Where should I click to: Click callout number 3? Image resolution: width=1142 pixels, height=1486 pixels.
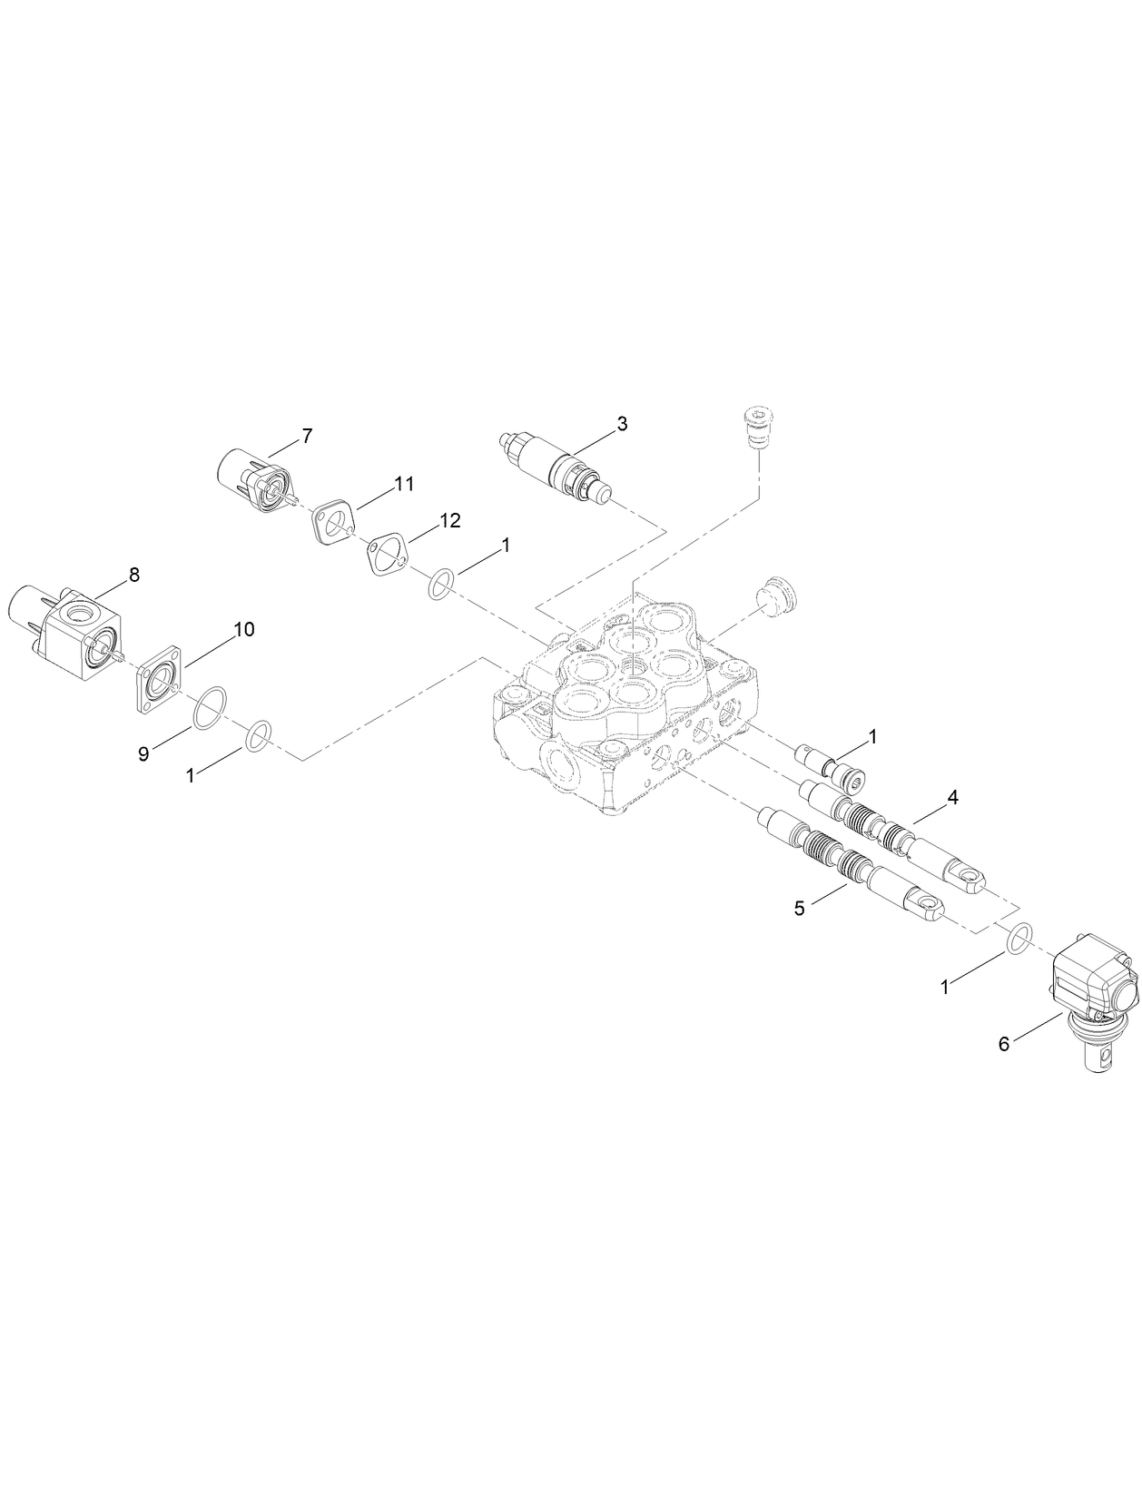pos(622,423)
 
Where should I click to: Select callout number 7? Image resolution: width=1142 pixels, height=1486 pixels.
pos(307,437)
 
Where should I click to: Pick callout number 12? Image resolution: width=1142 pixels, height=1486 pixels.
pos(450,520)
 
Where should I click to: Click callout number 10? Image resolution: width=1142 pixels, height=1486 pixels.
pos(244,629)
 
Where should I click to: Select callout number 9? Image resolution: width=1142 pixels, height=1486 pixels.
pos(143,754)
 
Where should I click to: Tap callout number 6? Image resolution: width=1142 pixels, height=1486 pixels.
pos(1003,1045)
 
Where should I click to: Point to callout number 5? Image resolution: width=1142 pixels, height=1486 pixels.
pos(799,908)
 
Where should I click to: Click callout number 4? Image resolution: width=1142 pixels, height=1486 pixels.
pos(952,797)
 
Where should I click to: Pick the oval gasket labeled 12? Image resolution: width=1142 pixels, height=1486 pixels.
pos(387,555)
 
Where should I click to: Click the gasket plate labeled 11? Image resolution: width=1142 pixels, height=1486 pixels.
pos(332,524)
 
